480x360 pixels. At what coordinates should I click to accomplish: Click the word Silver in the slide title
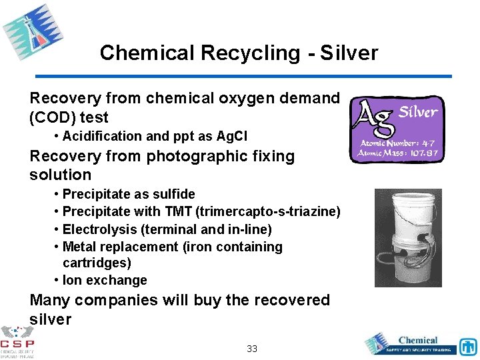click(x=349, y=53)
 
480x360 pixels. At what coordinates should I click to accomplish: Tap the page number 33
click(x=252, y=349)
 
